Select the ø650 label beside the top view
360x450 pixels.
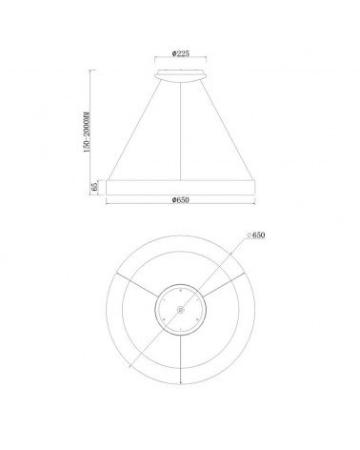(x=254, y=235)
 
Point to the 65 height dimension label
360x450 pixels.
(x=93, y=185)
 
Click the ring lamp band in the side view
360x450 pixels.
(x=179, y=185)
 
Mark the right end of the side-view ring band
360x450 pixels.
(x=252, y=185)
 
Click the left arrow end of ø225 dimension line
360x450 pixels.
(x=153, y=61)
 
